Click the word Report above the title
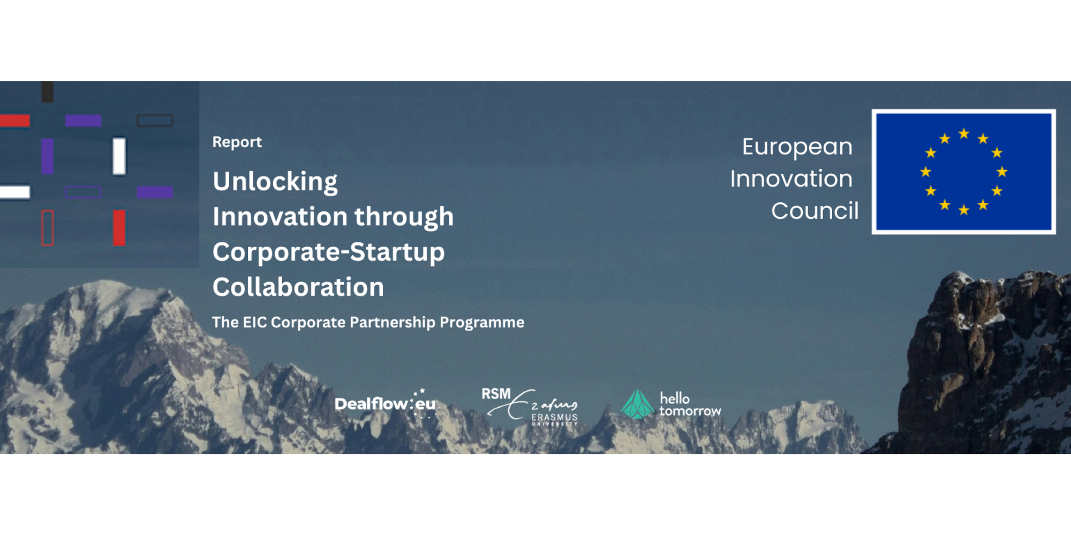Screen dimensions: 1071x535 tap(237, 142)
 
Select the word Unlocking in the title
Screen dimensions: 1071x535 tap(275, 182)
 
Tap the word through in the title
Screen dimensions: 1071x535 tap(404, 217)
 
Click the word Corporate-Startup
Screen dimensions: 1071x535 tap(329, 252)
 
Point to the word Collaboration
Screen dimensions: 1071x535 tap(298, 287)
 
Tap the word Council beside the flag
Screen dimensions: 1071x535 tap(814, 211)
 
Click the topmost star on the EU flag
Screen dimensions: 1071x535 tap(964, 133)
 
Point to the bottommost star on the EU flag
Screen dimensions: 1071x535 tap(964, 210)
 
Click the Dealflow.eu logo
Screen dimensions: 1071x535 tap(386, 403)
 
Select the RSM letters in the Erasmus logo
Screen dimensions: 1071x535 tap(496, 394)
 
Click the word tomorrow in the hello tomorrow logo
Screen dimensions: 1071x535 tap(690, 411)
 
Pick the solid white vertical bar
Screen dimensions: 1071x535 tap(119, 156)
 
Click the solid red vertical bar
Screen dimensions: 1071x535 tap(119, 228)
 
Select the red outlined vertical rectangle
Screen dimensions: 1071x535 tap(48, 228)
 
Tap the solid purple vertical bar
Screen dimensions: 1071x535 tap(48, 156)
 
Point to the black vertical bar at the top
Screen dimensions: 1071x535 tap(48, 91)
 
